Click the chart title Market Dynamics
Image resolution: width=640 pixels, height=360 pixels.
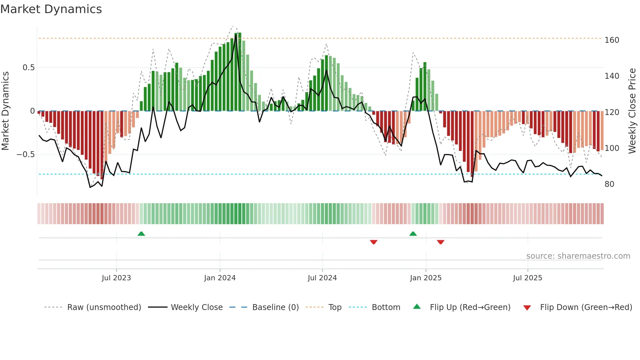pos(51,9)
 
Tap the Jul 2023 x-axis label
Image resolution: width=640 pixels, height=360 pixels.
pos(116,278)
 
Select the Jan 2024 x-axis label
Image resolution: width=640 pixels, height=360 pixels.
pos(220,278)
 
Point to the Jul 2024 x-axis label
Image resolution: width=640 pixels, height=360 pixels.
pos(322,278)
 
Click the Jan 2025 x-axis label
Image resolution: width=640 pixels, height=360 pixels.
pos(426,278)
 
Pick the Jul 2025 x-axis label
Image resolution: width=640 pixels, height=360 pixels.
pos(528,278)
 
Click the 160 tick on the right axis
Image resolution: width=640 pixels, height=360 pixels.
pos(612,40)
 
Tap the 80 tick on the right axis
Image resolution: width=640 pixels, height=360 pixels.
pos(609,184)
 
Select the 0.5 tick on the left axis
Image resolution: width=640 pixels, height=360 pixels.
pos(28,68)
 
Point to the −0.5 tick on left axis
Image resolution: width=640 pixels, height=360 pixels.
pos(25,154)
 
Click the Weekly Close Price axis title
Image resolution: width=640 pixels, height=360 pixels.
pos(632,111)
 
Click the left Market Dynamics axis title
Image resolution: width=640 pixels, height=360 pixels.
pos(5,111)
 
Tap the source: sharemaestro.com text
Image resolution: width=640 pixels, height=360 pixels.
pos(578,256)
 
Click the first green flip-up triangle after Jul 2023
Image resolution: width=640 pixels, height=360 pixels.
pos(141,234)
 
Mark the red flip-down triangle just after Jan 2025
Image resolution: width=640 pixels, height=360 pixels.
pos(440,242)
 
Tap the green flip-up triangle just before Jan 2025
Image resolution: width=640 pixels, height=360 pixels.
pos(413,234)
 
